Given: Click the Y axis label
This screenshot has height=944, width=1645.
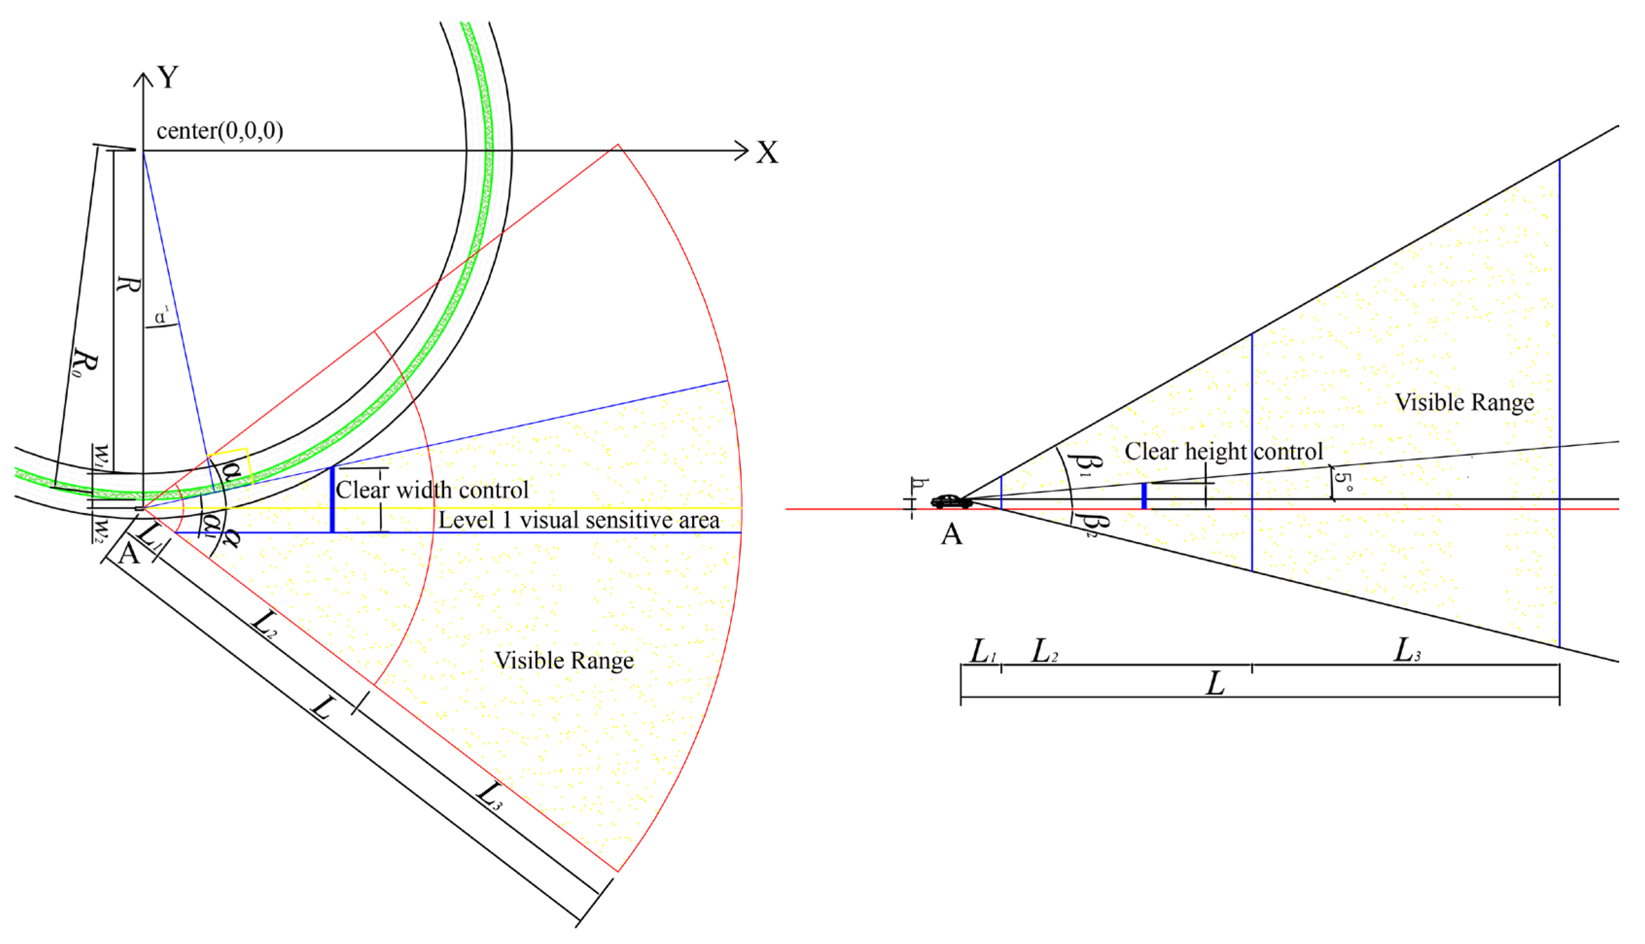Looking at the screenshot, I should click(168, 77).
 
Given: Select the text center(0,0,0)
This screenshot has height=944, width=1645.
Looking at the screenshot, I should click(220, 131).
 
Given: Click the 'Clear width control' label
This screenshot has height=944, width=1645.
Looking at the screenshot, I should click(432, 489).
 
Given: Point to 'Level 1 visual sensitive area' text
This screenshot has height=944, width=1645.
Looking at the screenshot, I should click(579, 520).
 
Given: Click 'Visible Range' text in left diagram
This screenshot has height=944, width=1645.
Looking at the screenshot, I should click(564, 661).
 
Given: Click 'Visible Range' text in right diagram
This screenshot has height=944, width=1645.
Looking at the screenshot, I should click(1465, 402).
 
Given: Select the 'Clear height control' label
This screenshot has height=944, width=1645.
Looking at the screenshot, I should click(1223, 451).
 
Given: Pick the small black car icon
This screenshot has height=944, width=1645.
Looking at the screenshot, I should click(951, 501).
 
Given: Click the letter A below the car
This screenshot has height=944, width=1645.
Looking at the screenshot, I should click(951, 534).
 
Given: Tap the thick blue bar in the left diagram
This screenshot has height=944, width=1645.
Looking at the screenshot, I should click(332, 499).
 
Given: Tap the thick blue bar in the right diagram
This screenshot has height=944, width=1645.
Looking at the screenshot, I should click(1144, 495).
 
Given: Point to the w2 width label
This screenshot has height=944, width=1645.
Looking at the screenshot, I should click(99, 529).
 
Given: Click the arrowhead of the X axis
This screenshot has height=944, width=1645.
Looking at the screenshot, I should click(743, 151).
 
